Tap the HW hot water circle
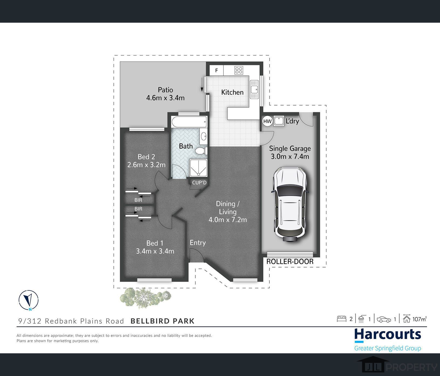click(x=267, y=121)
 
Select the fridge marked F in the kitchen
click(x=216, y=70)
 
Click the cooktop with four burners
click(x=239, y=70)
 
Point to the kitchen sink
click(x=254, y=89)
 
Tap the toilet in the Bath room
click(x=201, y=151)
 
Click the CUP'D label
click(x=199, y=183)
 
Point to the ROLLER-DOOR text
click(x=290, y=261)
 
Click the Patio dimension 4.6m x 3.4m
click(x=165, y=98)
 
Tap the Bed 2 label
click(x=146, y=157)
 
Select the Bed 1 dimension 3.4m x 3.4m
click(x=155, y=251)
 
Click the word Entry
click(x=198, y=243)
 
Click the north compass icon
click(x=29, y=300)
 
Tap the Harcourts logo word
click(x=388, y=335)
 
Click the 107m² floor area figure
click(x=420, y=319)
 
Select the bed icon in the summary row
click(x=341, y=319)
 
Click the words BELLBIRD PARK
click(x=163, y=321)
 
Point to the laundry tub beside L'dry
click(x=279, y=121)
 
